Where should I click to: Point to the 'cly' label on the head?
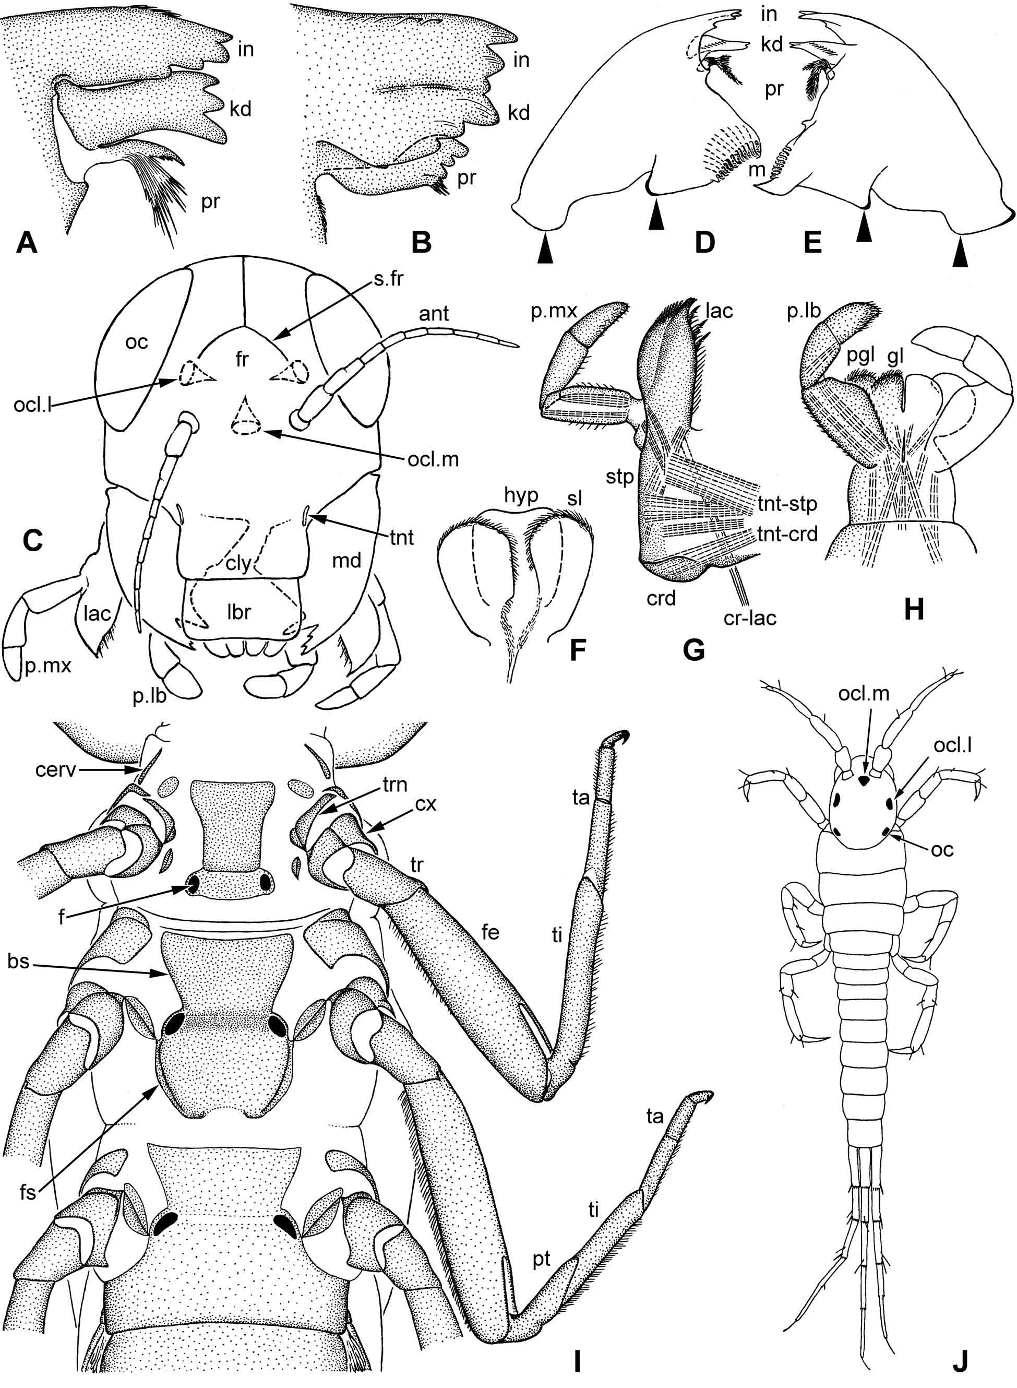tap(237, 563)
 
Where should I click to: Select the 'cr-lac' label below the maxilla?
tap(750, 616)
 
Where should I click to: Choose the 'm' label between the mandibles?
tap(757, 171)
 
